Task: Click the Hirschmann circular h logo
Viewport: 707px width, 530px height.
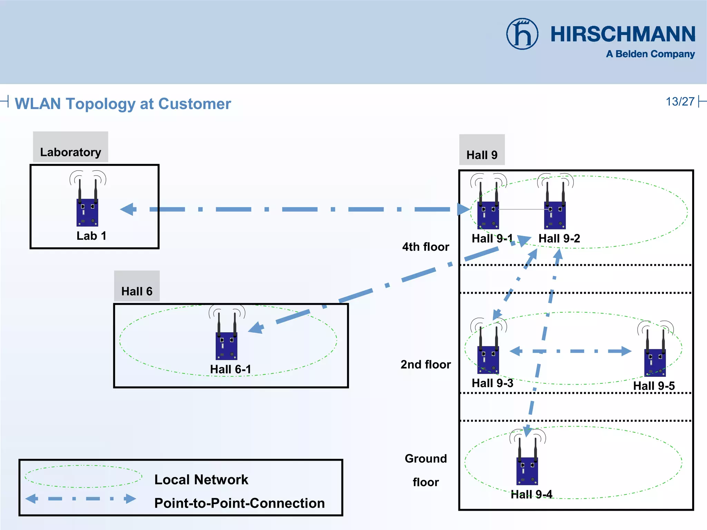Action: [x=522, y=34]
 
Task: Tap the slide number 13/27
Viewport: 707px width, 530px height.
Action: [x=680, y=102]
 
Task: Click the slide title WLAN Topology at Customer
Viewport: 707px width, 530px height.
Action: [x=123, y=104]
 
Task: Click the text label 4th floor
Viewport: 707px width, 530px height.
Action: [x=426, y=247]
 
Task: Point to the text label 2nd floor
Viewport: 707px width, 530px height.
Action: [x=426, y=365]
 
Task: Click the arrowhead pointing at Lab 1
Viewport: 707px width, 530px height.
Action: [x=128, y=209]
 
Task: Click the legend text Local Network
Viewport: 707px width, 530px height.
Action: [x=201, y=480]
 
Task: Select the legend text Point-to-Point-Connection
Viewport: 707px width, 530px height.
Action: [x=239, y=503]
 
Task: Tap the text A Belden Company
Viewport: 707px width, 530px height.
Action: [x=650, y=54]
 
